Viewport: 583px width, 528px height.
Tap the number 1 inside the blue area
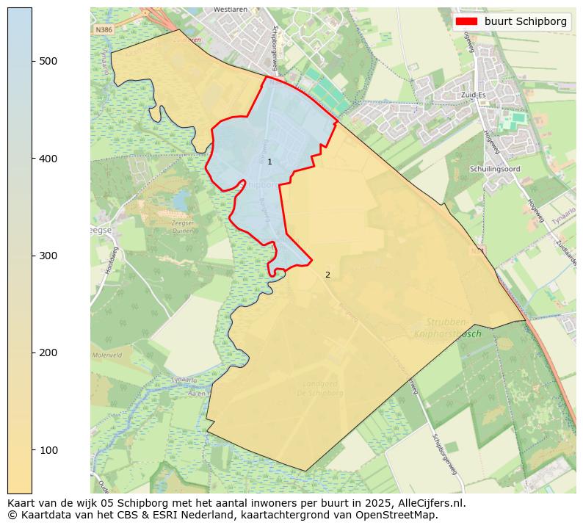click(x=269, y=162)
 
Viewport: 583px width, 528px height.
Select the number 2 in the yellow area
click(x=327, y=275)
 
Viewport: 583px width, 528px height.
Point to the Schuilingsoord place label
click(x=495, y=168)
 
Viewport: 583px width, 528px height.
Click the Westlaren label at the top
click(x=228, y=10)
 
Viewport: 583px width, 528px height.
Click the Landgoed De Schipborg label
click(x=322, y=388)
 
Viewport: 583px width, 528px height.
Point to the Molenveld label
click(x=106, y=355)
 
